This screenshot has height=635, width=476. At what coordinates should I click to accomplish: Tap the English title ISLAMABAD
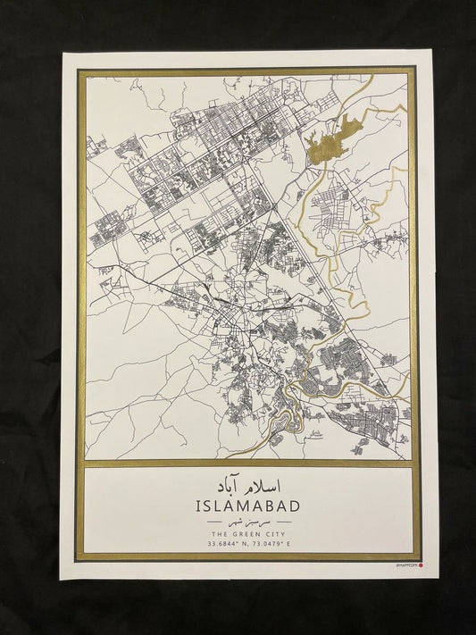pyautogui.click(x=246, y=505)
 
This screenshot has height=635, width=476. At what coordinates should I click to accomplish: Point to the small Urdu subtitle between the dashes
pyautogui.click(x=246, y=520)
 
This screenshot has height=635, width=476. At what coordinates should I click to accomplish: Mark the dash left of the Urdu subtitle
pyautogui.click(x=214, y=520)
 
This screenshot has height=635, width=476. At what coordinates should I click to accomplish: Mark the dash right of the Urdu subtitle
pyautogui.click(x=280, y=520)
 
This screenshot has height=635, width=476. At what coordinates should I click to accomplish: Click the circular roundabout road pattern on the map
pyautogui.click(x=144, y=238)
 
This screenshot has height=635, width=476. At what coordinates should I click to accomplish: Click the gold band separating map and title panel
pyautogui.click(x=246, y=464)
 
